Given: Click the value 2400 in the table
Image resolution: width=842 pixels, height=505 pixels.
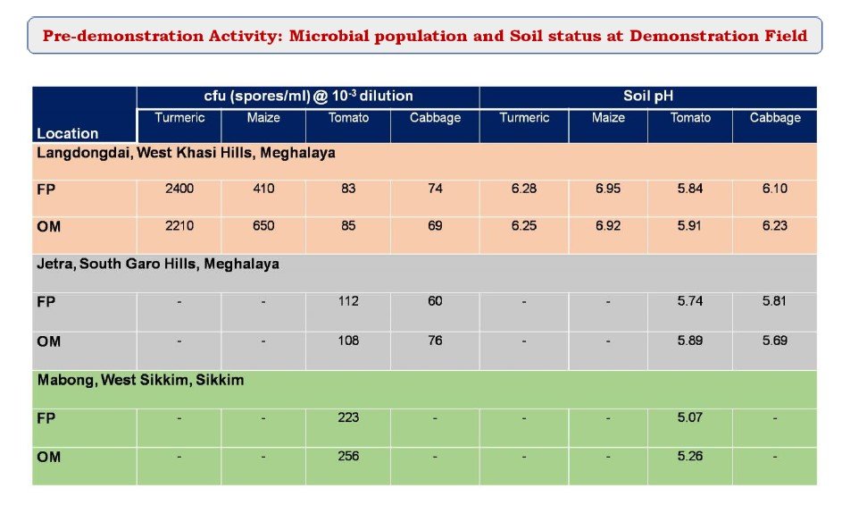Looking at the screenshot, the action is click(x=179, y=189).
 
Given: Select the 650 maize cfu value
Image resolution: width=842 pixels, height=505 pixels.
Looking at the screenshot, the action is click(x=263, y=226).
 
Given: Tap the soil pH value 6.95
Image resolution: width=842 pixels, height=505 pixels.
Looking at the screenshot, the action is click(x=608, y=189).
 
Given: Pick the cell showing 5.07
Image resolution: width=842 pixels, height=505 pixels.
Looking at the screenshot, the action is click(x=689, y=417).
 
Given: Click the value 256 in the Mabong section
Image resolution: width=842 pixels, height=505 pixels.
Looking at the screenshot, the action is click(x=348, y=456).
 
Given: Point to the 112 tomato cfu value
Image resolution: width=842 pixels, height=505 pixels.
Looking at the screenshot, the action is click(x=348, y=301).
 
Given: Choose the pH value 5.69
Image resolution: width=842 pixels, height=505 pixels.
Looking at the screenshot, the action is click(x=774, y=341).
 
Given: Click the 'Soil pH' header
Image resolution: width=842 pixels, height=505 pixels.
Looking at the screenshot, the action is click(x=647, y=97).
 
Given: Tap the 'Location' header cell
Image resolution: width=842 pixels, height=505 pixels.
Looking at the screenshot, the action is click(x=68, y=133).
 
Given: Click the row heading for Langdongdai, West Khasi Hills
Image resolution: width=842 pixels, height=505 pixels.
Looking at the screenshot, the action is click(x=186, y=153).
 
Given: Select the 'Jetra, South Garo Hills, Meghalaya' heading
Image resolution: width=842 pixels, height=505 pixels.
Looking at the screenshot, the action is click(x=158, y=264).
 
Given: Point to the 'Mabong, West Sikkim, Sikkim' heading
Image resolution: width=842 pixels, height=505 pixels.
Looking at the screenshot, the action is click(x=141, y=380).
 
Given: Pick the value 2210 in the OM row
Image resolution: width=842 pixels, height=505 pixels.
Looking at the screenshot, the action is click(x=179, y=226).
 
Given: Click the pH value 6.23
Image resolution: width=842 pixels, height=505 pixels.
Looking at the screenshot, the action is click(x=774, y=226).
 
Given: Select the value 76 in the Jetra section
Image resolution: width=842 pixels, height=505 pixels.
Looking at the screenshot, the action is click(x=435, y=341).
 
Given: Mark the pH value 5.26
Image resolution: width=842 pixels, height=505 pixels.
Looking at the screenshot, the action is click(x=689, y=456).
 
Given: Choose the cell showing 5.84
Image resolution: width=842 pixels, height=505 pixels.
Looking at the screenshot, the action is click(x=689, y=189).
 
